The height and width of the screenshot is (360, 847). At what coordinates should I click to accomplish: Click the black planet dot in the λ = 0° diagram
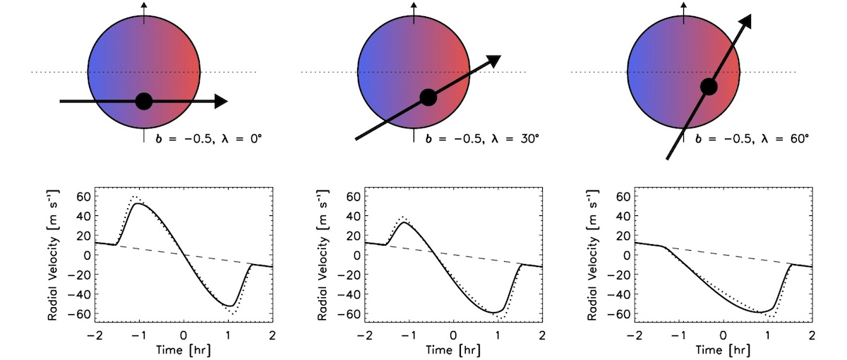(144, 102)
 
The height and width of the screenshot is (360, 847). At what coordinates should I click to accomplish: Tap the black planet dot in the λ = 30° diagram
(428, 97)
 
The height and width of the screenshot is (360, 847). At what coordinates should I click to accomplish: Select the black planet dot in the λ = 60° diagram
(709, 87)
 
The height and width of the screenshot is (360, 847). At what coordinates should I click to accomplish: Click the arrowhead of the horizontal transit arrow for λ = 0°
(220, 102)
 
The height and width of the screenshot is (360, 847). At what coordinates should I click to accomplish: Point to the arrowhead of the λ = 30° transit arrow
(493, 61)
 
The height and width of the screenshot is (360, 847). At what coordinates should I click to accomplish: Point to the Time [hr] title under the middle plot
(452, 349)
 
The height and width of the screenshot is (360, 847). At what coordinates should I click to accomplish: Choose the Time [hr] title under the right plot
(723, 349)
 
